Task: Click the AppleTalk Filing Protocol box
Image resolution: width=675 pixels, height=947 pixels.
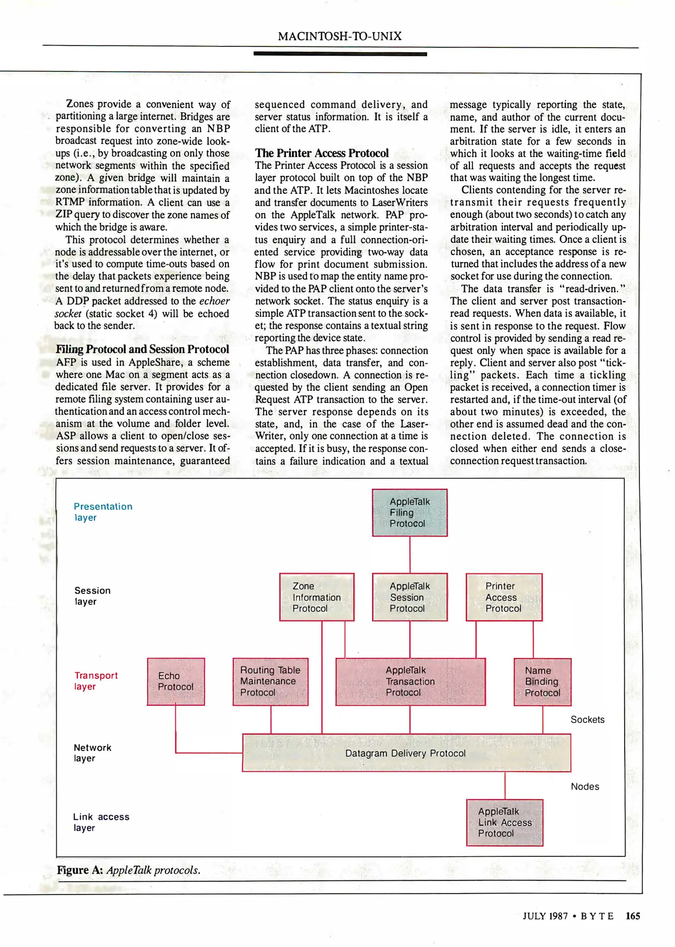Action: tap(410, 512)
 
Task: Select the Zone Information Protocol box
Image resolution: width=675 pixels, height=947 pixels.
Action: tap(317, 597)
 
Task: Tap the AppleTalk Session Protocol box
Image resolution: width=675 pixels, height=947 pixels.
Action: tap(410, 597)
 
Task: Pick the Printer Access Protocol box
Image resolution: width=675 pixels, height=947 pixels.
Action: tap(504, 597)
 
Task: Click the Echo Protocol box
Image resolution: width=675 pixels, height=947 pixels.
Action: tap(175, 681)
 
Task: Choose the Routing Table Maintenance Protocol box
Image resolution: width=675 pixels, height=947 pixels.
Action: tap(270, 681)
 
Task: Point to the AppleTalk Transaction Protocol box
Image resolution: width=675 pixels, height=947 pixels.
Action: tap(410, 681)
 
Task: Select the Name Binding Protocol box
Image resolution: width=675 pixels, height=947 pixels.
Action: tap(542, 682)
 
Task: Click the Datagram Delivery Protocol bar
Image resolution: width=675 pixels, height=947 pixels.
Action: tap(406, 753)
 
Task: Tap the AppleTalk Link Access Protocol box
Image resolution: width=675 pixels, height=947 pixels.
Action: tap(504, 822)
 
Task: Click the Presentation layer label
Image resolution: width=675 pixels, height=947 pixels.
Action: tap(103, 512)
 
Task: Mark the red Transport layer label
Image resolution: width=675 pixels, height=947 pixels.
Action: tap(96, 680)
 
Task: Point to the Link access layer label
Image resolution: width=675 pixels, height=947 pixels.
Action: tap(101, 822)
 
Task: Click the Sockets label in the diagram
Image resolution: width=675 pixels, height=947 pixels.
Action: tap(587, 719)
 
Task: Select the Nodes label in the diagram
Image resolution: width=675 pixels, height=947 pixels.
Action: tap(585, 786)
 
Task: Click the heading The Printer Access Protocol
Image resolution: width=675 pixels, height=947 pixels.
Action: tap(321, 153)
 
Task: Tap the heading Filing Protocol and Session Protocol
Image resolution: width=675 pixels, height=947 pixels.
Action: tap(142, 349)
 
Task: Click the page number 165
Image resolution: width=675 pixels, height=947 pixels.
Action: tap(632, 916)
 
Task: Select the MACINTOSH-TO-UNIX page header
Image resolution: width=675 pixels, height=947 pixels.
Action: tap(339, 36)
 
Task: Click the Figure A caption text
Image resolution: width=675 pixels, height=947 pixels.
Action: tap(129, 870)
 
